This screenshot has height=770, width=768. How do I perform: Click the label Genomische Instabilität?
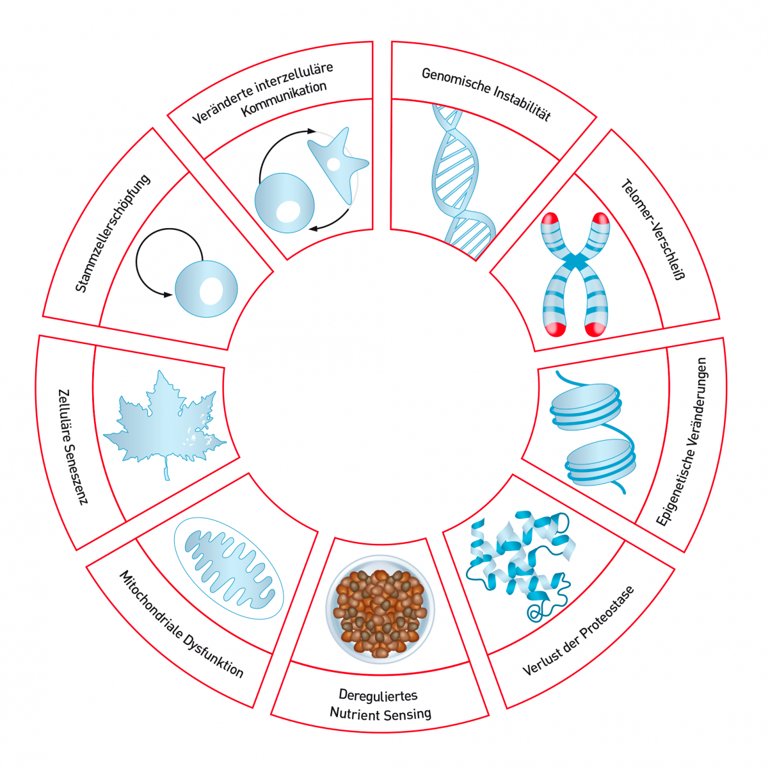[x=486, y=94]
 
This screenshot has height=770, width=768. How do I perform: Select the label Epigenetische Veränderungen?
[x=684, y=441]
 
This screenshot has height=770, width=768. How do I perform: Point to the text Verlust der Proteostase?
[x=579, y=630]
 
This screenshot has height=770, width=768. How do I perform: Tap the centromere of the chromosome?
[x=575, y=262]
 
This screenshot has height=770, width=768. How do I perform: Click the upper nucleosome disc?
[x=584, y=407]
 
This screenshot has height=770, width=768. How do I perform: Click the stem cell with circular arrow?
[x=205, y=288]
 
